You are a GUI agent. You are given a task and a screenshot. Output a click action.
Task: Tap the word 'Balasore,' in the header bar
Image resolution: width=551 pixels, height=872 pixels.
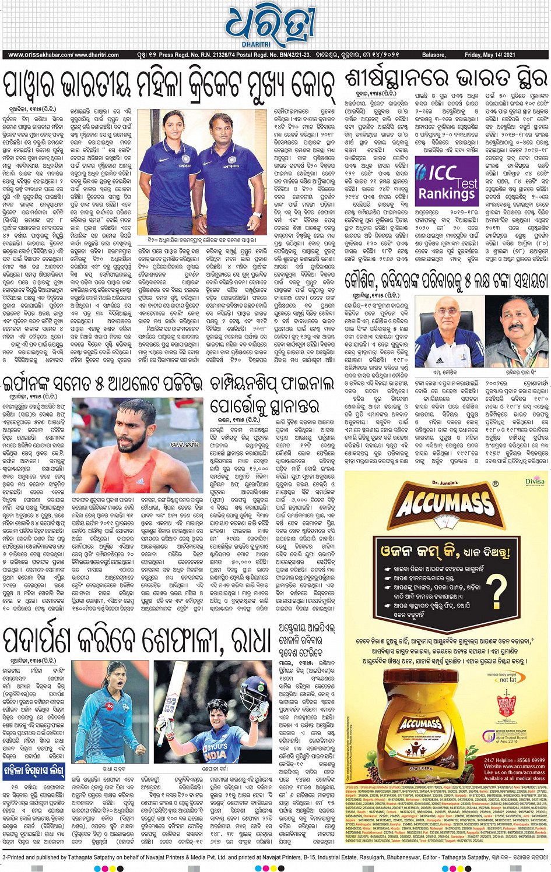(x=434, y=55)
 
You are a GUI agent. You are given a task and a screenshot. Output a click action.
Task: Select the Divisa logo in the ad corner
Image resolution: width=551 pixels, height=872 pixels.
(x=534, y=481)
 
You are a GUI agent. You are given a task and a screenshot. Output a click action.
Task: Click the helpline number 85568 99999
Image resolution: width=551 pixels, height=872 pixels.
(x=522, y=760)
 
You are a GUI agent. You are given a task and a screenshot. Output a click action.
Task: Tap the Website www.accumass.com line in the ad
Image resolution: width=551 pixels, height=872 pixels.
(x=514, y=766)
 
